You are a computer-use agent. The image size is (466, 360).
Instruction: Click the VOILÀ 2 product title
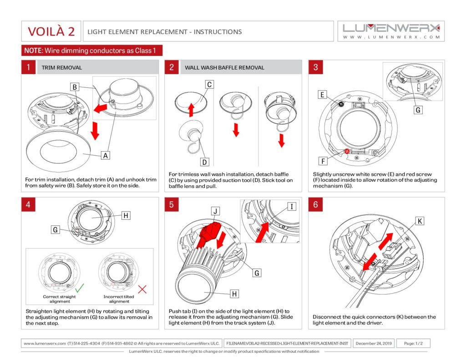pyautogui.click(x=51, y=31)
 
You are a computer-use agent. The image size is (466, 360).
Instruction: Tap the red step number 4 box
pyautogui.click(x=28, y=204)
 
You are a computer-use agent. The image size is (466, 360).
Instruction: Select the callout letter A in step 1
pyautogui.click(x=106, y=155)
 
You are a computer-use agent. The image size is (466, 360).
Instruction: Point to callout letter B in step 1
pyautogui.click(x=76, y=86)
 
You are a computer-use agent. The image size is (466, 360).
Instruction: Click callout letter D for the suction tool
pyautogui.click(x=205, y=161)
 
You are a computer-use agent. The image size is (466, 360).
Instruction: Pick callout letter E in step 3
pyautogui.click(x=323, y=95)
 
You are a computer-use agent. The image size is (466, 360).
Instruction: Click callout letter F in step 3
pyautogui.click(x=323, y=161)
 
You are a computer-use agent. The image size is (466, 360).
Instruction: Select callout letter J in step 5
pyautogui.click(x=216, y=211)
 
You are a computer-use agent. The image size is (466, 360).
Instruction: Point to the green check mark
pyautogui.click(x=80, y=288)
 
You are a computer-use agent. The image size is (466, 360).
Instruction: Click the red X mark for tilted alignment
pyautogui.click(x=142, y=289)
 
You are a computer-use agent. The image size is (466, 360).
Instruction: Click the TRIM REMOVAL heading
pyautogui.click(x=62, y=67)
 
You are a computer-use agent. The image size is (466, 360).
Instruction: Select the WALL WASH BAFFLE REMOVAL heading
pyautogui.click(x=224, y=67)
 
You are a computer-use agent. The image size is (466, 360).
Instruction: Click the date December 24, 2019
pyautogui.click(x=373, y=343)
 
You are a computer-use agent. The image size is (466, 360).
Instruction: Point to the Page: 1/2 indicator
pyautogui.click(x=413, y=343)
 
